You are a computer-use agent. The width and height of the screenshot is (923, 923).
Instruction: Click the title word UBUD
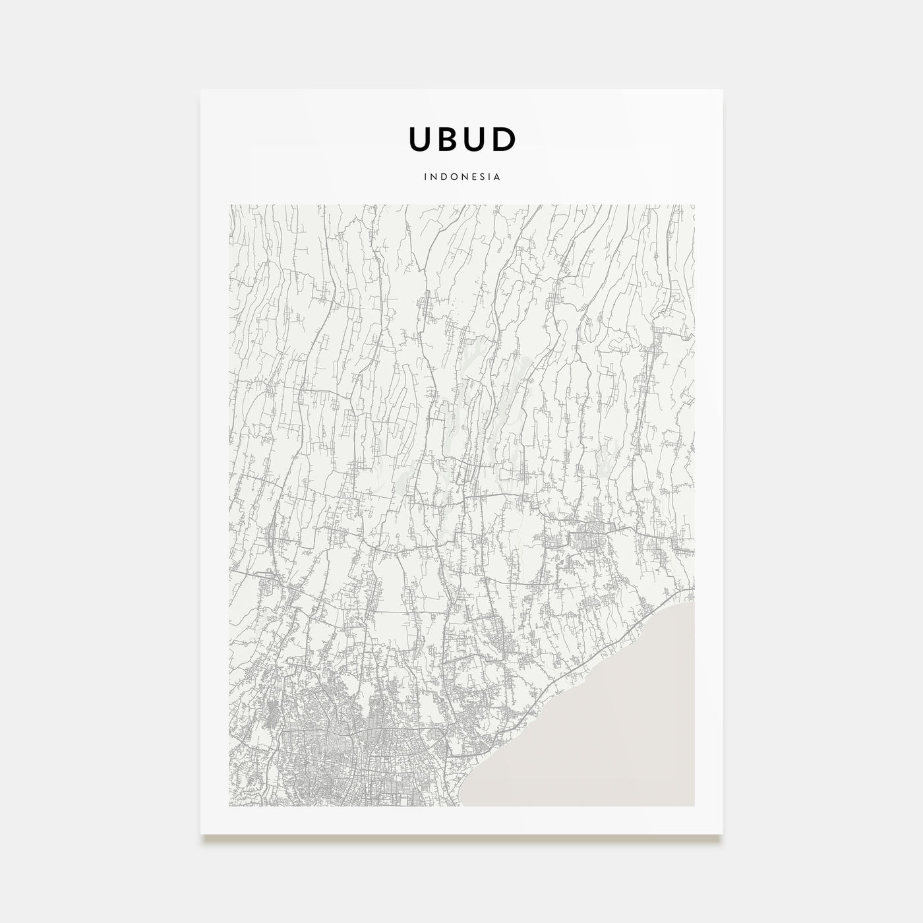click(x=462, y=139)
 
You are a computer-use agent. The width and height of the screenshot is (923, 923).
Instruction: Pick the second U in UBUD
click(x=474, y=139)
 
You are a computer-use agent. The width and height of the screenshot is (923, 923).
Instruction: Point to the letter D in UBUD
click(x=503, y=139)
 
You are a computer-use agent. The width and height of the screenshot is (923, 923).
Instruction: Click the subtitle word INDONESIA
click(x=462, y=177)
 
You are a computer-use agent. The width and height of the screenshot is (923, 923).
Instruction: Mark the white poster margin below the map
click(x=461, y=820)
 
